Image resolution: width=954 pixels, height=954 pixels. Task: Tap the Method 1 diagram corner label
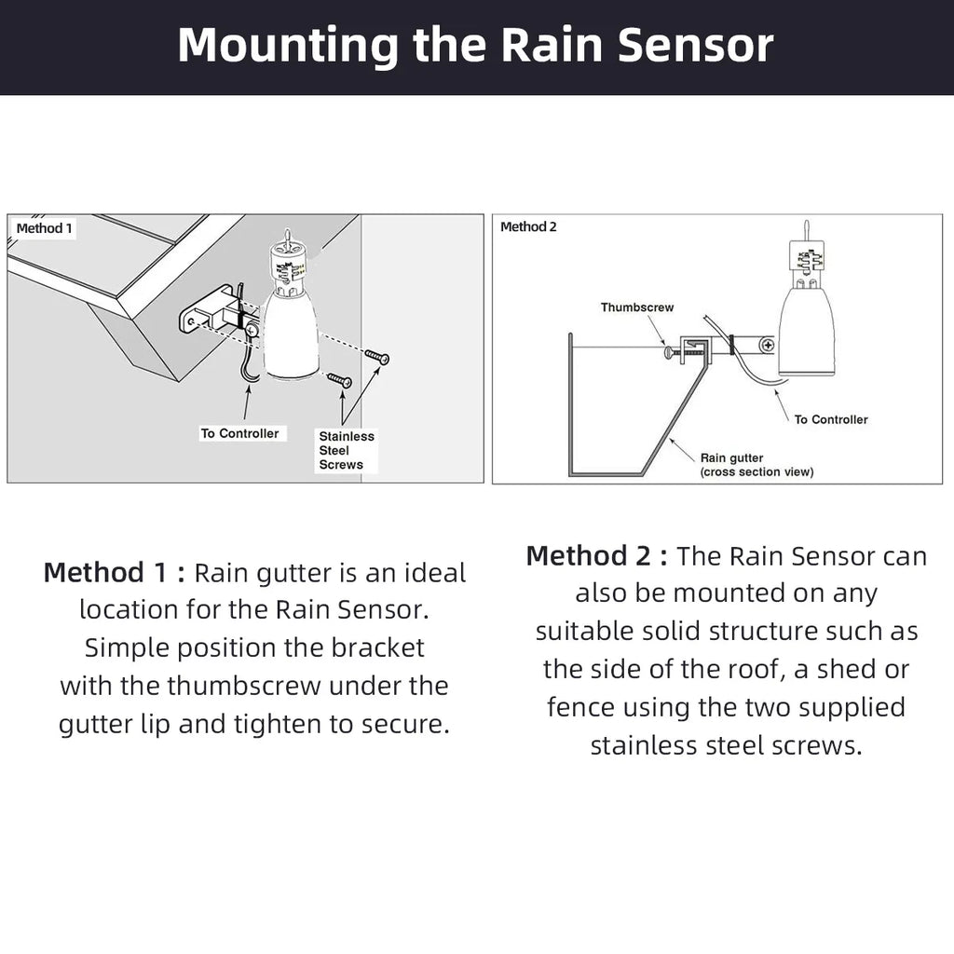tap(44, 228)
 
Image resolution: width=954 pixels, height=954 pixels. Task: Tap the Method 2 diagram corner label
tap(528, 227)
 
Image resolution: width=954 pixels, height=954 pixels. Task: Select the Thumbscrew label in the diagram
tap(636, 307)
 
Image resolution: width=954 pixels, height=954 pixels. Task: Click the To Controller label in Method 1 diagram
tap(239, 433)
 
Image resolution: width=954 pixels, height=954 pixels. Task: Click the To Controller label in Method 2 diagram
tap(830, 419)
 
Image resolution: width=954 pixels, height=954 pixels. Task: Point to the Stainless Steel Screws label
tap(346, 450)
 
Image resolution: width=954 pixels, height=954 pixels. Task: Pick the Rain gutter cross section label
tap(756, 465)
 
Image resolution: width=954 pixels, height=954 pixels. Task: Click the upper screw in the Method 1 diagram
tap(376, 357)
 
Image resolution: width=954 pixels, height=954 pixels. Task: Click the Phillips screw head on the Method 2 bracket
tap(767, 345)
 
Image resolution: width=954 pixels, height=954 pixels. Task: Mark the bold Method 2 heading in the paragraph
tap(596, 556)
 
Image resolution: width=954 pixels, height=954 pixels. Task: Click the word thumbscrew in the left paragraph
tap(244, 686)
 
